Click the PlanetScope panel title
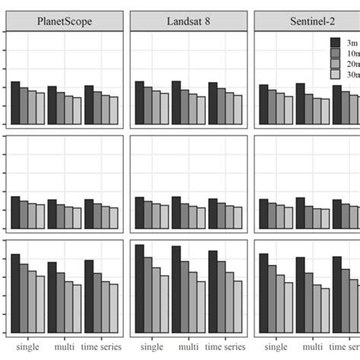tap(65, 21)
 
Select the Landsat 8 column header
tap(188, 21)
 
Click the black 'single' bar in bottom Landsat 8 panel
tap(139, 289)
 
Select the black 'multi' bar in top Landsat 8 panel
tap(176, 103)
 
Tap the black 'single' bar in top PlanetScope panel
tap(15, 103)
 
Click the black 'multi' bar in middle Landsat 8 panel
tap(176, 213)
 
